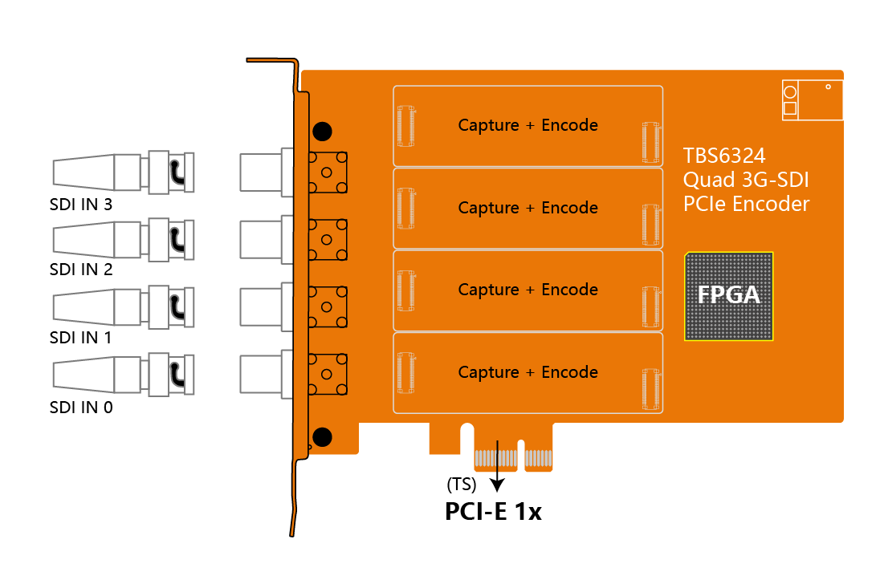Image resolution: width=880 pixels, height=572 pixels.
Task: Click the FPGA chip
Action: click(x=728, y=296)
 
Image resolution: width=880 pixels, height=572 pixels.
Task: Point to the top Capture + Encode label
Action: click(x=528, y=125)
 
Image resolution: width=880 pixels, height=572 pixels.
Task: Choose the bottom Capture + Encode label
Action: click(x=528, y=372)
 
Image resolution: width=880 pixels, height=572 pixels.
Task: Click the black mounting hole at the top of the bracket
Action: click(x=322, y=131)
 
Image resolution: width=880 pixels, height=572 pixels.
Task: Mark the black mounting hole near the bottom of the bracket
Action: click(x=322, y=437)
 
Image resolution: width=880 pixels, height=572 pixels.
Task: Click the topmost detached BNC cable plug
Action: click(x=124, y=172)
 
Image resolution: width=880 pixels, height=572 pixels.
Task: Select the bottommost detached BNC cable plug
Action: click(x=124, y=375)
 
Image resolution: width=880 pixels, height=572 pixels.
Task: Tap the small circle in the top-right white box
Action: click(x=790, y=92)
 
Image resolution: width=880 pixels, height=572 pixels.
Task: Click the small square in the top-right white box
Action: click(x=790, y=108)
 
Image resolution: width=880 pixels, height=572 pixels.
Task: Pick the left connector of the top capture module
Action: click(x=406, y=126)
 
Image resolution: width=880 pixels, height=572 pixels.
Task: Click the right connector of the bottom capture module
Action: click(x=651, y=389)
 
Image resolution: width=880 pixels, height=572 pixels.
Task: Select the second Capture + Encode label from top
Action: click(x=528, y=208)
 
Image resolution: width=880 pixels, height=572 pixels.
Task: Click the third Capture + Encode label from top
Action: click(x=528, y=290)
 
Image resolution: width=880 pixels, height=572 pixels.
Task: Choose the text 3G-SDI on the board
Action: click(x=776, y=180)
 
